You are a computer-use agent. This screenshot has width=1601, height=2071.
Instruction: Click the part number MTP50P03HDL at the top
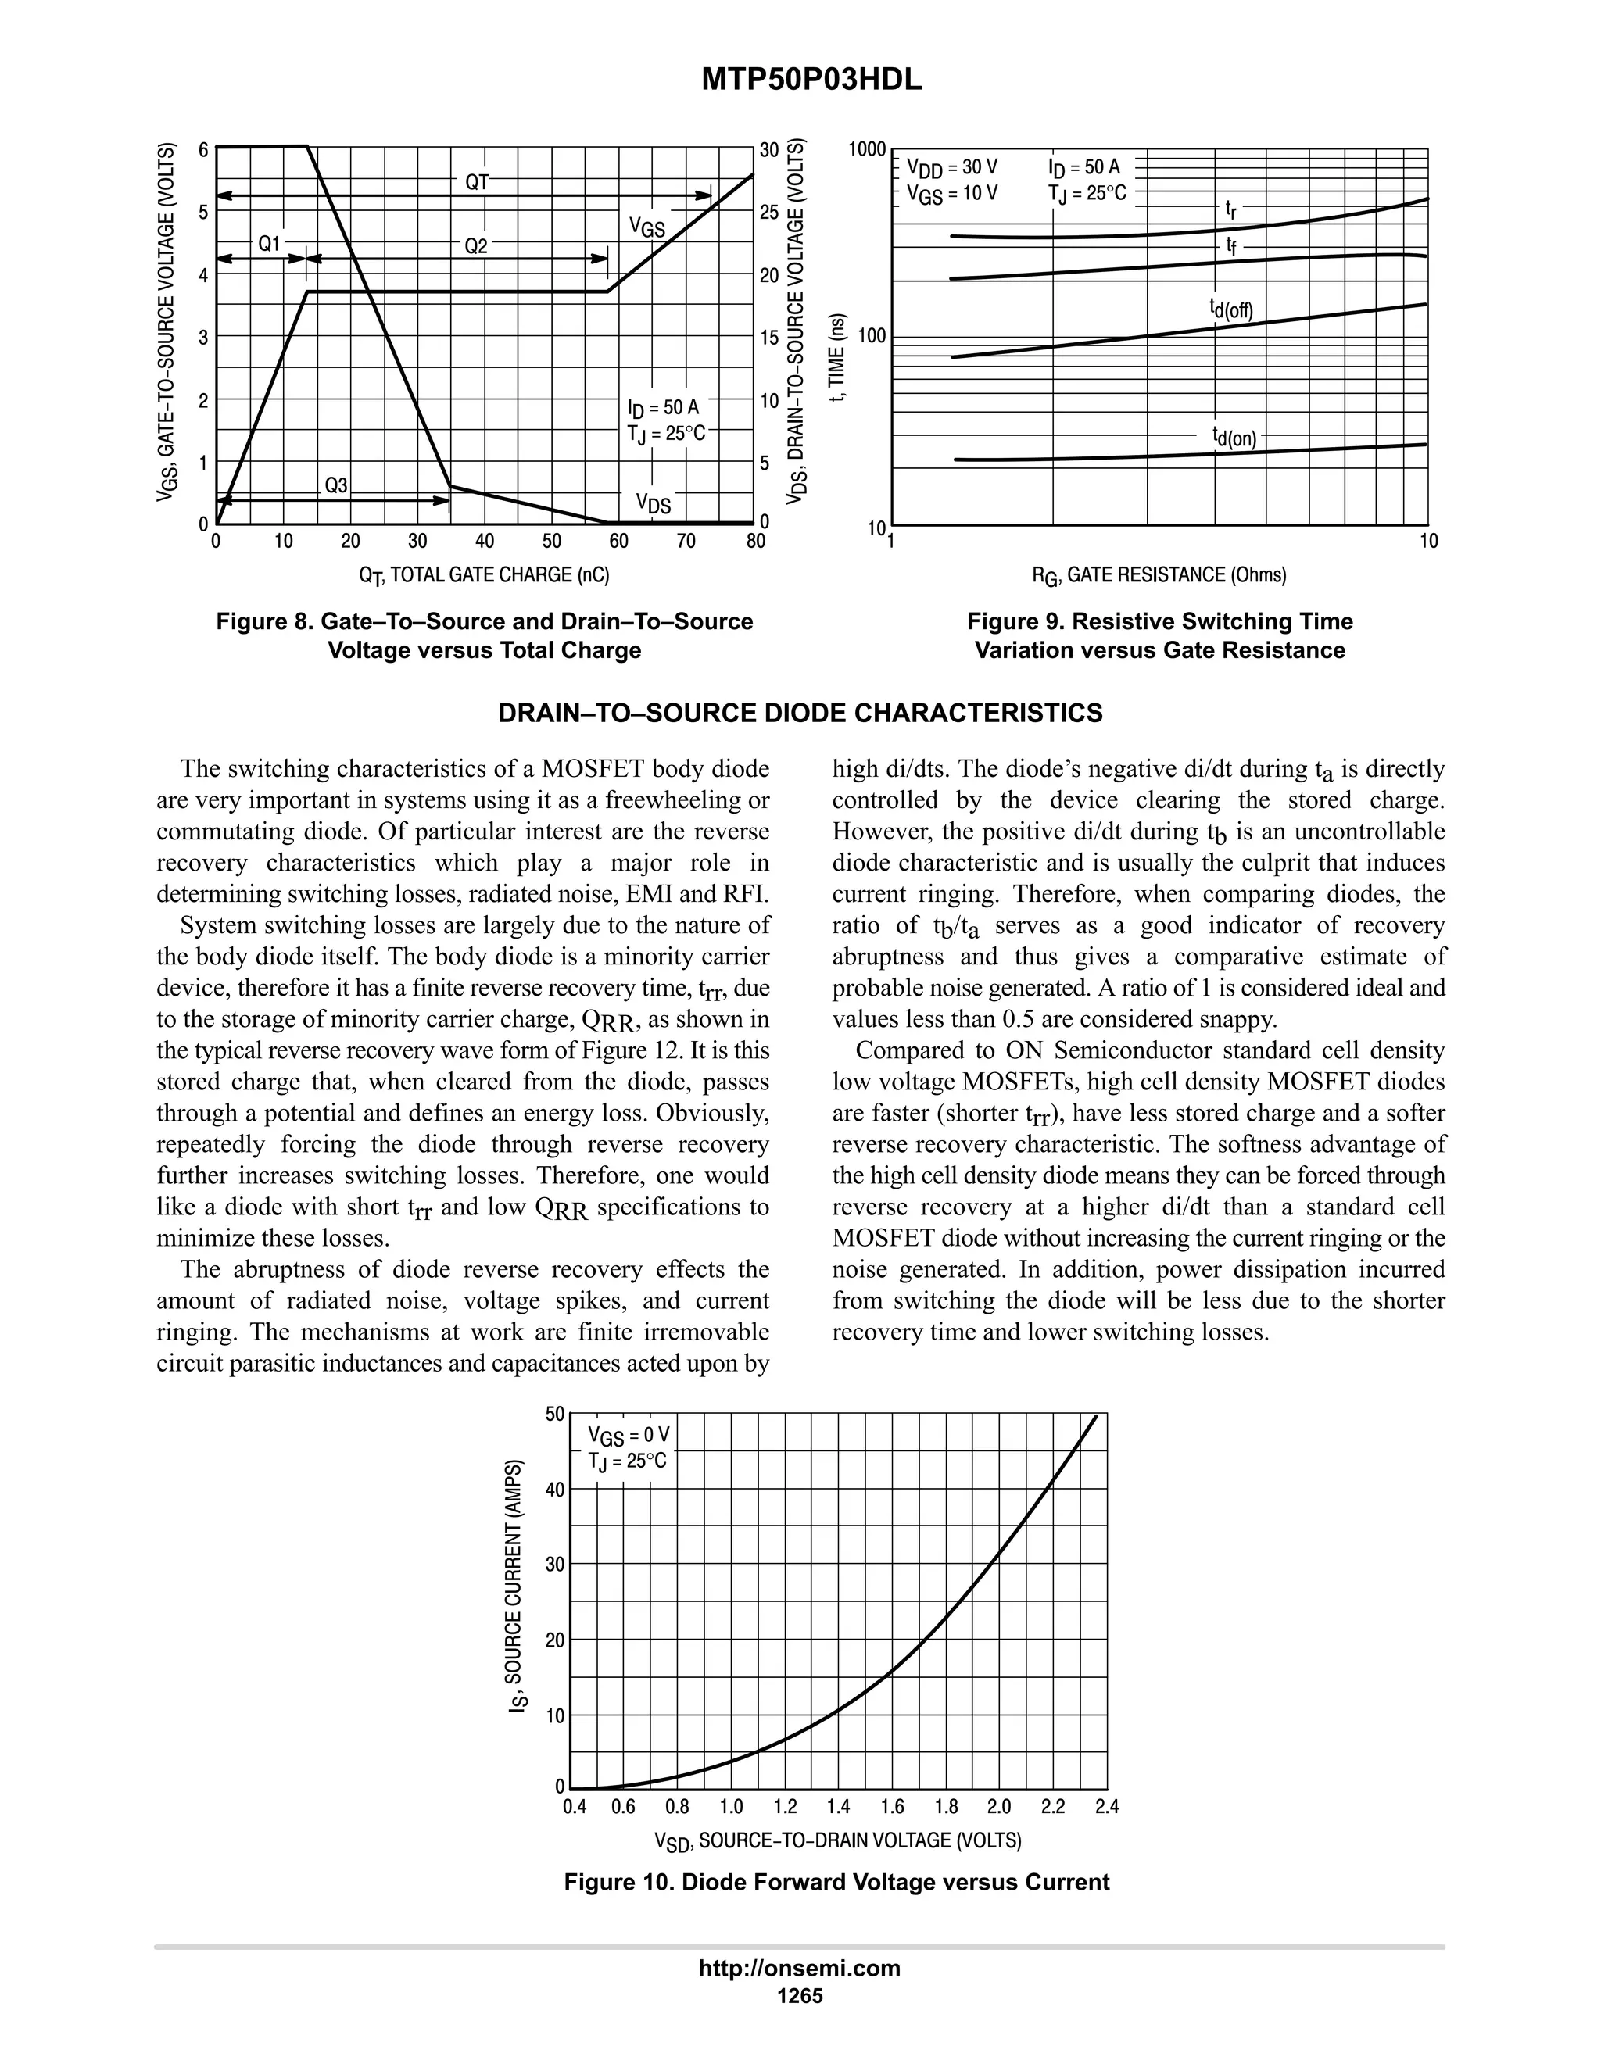tap(811, 81)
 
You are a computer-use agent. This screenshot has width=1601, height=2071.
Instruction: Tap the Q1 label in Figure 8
tap(270, 244)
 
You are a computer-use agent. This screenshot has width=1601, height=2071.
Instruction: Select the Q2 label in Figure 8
tap(475, 245)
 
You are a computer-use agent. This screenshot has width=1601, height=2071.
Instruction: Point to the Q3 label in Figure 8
tap(337, 485)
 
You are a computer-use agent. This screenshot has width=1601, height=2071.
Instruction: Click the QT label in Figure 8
tap(477, 182)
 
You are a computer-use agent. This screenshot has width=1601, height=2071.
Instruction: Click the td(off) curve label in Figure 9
tap(1231, 308)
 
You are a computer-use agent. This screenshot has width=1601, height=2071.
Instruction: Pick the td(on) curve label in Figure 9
tap(1234, 436)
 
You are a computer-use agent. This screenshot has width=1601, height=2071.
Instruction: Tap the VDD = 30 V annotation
tap(951, 169)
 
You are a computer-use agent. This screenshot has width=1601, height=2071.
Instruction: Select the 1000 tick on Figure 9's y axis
tap(867, 150)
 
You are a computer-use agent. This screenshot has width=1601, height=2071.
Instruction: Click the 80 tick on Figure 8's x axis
tap(755, 542)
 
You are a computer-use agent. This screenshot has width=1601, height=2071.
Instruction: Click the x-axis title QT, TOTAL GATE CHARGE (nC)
tap(484, 574)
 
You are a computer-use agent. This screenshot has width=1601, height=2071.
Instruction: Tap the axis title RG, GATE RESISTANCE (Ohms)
tap(1159, 574)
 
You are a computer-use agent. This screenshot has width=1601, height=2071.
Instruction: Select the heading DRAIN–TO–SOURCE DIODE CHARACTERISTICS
tap(800, 713)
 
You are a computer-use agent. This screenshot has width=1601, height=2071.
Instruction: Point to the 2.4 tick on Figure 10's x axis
tap(1107, 1806)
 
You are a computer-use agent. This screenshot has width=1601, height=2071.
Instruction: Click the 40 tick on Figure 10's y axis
tap(555, 1490)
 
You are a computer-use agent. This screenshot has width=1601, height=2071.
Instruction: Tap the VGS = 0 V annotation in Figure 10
tap(629, 1434)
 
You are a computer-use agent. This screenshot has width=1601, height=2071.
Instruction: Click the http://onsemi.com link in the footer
tap(800, 1968)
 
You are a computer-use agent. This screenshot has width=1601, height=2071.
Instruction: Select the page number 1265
tap(800, 1995)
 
